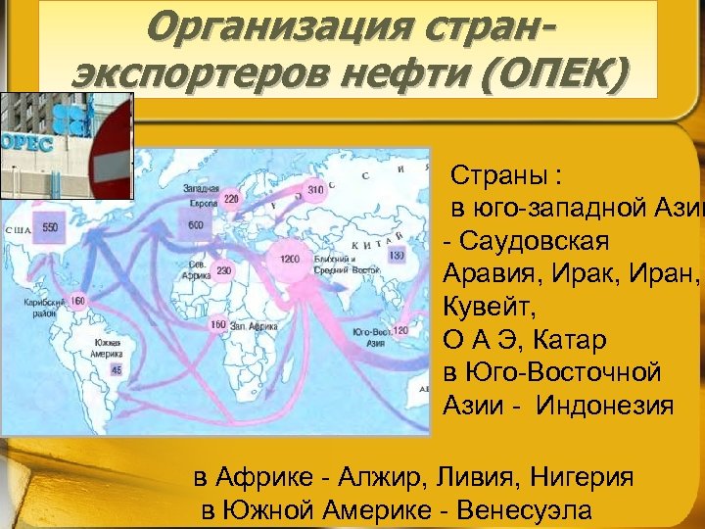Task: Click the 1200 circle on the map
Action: pyautogui.click(x=289, y=259)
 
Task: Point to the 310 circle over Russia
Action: pyautogui.click(x=315, y=189)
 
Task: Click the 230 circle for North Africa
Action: pyautogui.click(x=224, y=271)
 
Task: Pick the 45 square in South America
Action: pyautogui.click(x=117, y=370)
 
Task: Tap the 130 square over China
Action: pyautogui.click(x=396, y=256)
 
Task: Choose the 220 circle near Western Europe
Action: pyautogui.click(x=231, y=199)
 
